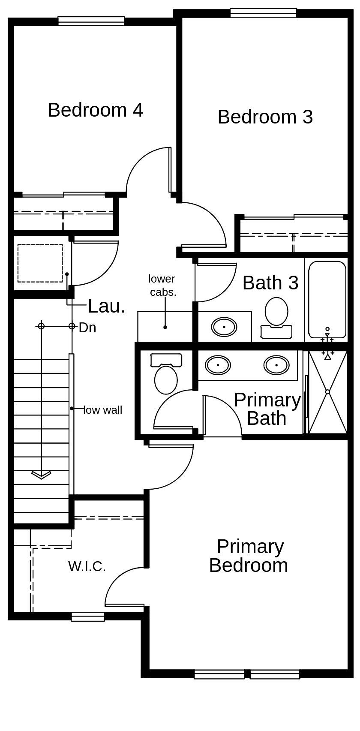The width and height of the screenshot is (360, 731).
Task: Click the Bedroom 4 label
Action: (x=95, y=110)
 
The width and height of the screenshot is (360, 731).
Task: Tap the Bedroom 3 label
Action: (x=265, y=117)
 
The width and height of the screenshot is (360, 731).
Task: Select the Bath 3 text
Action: (x=270, y=283)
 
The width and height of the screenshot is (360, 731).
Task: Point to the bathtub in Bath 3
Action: (x=327, y=300)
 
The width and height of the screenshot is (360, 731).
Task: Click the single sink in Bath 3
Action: (x=224, y=327)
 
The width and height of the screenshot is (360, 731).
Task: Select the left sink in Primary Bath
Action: (x=218, y=365)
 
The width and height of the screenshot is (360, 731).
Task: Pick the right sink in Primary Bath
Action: (x=276, y=365)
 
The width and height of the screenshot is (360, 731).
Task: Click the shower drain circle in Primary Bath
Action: (x=327, y=392)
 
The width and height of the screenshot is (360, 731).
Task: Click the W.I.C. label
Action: (x=87, y=566)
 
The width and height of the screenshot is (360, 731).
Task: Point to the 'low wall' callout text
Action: (x=103, y=410)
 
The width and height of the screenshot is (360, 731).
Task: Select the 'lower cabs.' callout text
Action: (x=162, y=286)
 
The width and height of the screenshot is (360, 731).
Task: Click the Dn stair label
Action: (x=87, y=328)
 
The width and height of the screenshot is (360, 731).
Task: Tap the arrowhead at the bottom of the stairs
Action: (x=41, y=475)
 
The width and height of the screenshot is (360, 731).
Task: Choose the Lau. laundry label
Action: (x=106, y=307)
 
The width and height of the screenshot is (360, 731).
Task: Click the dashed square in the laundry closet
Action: (x=40, y=263)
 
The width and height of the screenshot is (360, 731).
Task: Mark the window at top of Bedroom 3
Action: (x=263, y=12)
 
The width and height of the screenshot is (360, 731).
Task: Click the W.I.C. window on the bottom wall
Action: (x=88, y=617)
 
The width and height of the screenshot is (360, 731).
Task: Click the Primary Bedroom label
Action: (x=249, y=556)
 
